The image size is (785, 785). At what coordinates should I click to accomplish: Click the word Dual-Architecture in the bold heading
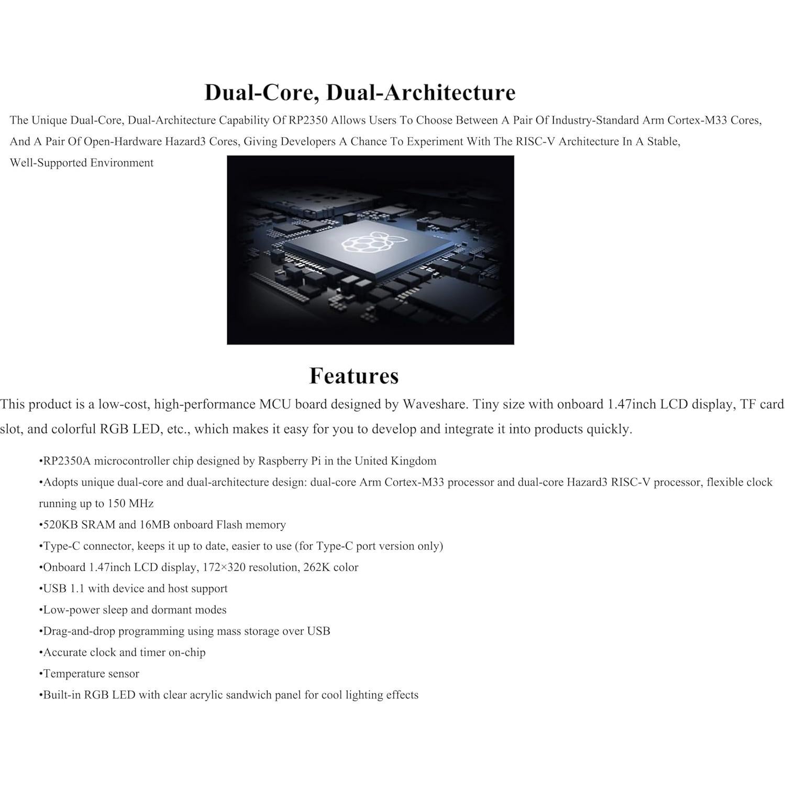(421, 93)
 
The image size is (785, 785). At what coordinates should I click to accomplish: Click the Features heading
(354, 376)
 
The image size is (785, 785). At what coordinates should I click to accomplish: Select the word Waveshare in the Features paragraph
(435, 405)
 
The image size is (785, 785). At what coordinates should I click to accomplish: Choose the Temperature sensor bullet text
(91, 674)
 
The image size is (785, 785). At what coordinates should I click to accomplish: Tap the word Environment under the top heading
(121, 163)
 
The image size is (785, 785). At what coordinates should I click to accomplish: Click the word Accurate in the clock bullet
(65, 653)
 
